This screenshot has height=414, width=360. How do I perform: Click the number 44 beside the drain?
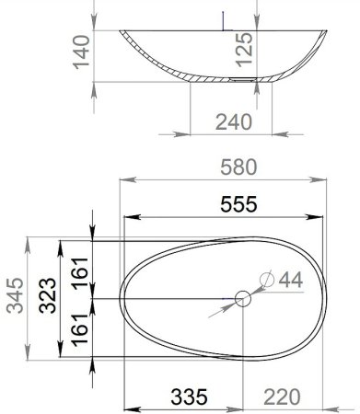tap(290, 278)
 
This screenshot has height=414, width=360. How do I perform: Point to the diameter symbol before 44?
tap(267, 278)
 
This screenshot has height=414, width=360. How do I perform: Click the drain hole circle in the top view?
tap(243, 298)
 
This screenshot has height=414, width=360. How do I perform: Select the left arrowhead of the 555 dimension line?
tap(129, 218)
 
